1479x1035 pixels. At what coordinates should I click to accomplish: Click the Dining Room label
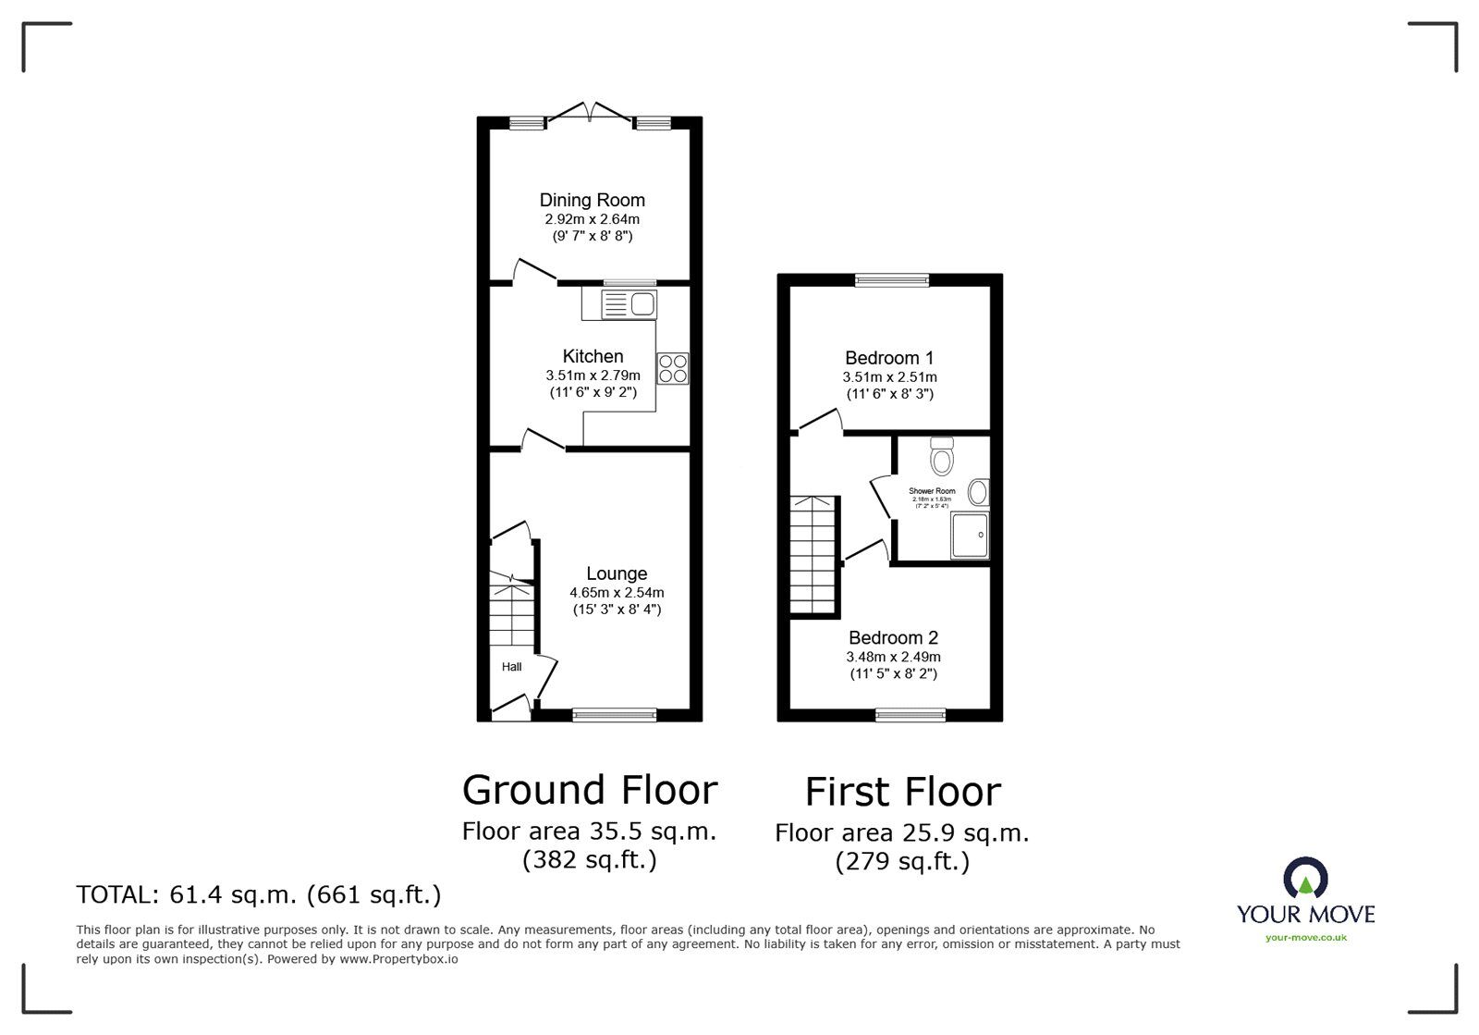click(592, 200)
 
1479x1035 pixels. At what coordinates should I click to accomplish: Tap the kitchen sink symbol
click(629, 303)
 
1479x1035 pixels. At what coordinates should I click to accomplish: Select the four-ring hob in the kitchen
click(673, 368)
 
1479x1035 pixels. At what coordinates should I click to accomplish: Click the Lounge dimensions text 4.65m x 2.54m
click(616, 593)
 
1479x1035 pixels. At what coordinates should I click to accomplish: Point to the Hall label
click(511, 667)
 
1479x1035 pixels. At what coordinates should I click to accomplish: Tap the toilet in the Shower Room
click(942, 457)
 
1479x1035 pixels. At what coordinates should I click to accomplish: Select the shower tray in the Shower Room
click(970, 536)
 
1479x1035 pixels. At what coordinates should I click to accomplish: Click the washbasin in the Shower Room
click(978, 492)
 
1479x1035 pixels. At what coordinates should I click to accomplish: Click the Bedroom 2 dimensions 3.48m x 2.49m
click(893, 657)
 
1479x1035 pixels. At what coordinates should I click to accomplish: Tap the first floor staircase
click(813, 555)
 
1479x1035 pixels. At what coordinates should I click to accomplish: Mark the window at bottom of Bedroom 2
click(911, 714)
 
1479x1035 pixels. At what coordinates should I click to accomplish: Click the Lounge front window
click(614, 714)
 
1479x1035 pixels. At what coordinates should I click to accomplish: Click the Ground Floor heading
click(589, 790)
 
